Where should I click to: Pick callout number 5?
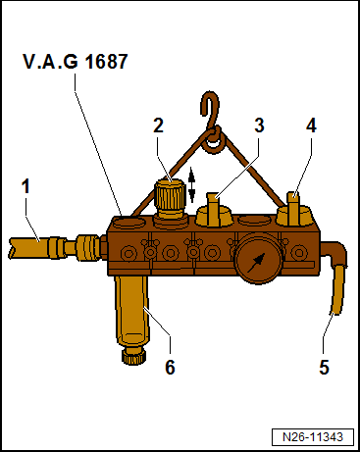point(325,369)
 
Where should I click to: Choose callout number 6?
point(170,368)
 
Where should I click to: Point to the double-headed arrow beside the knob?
point(192,183)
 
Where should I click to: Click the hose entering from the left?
point(34,241)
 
